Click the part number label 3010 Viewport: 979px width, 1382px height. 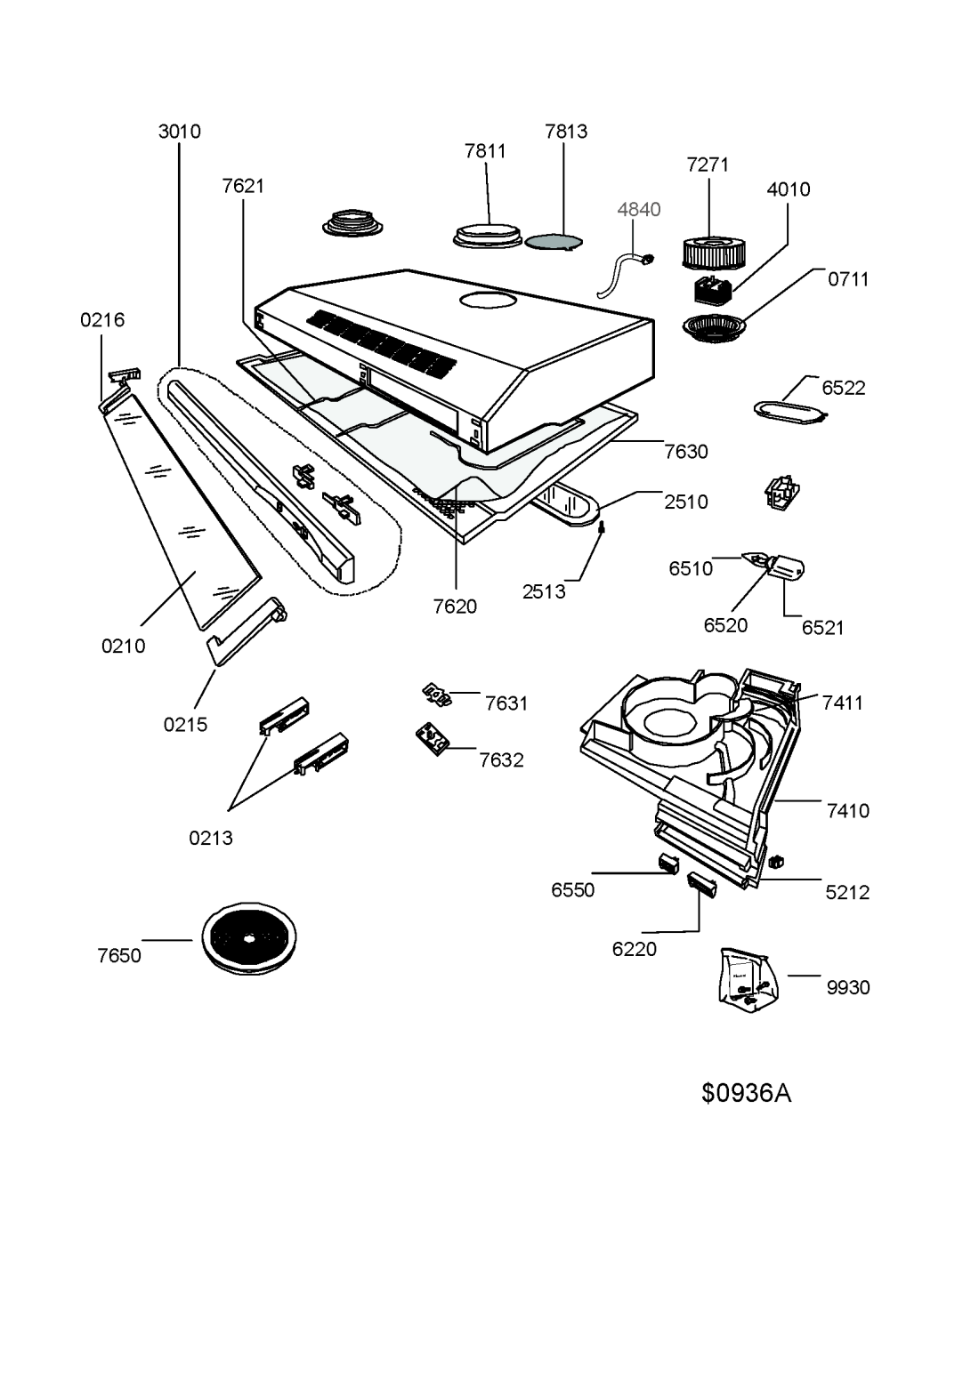point(180,132)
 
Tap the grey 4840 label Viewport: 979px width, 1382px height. point(639,209)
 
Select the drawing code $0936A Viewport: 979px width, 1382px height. point(746,1093)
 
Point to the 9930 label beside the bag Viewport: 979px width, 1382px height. point(847,987)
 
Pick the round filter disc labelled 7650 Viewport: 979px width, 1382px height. point(248,938)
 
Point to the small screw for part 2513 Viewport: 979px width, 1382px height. point(603,528)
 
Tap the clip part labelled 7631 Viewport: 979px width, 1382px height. point(435,694)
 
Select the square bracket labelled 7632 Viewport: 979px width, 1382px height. point(433,739)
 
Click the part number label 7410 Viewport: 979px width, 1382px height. point(847,810)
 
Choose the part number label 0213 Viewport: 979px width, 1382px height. point(211,837)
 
